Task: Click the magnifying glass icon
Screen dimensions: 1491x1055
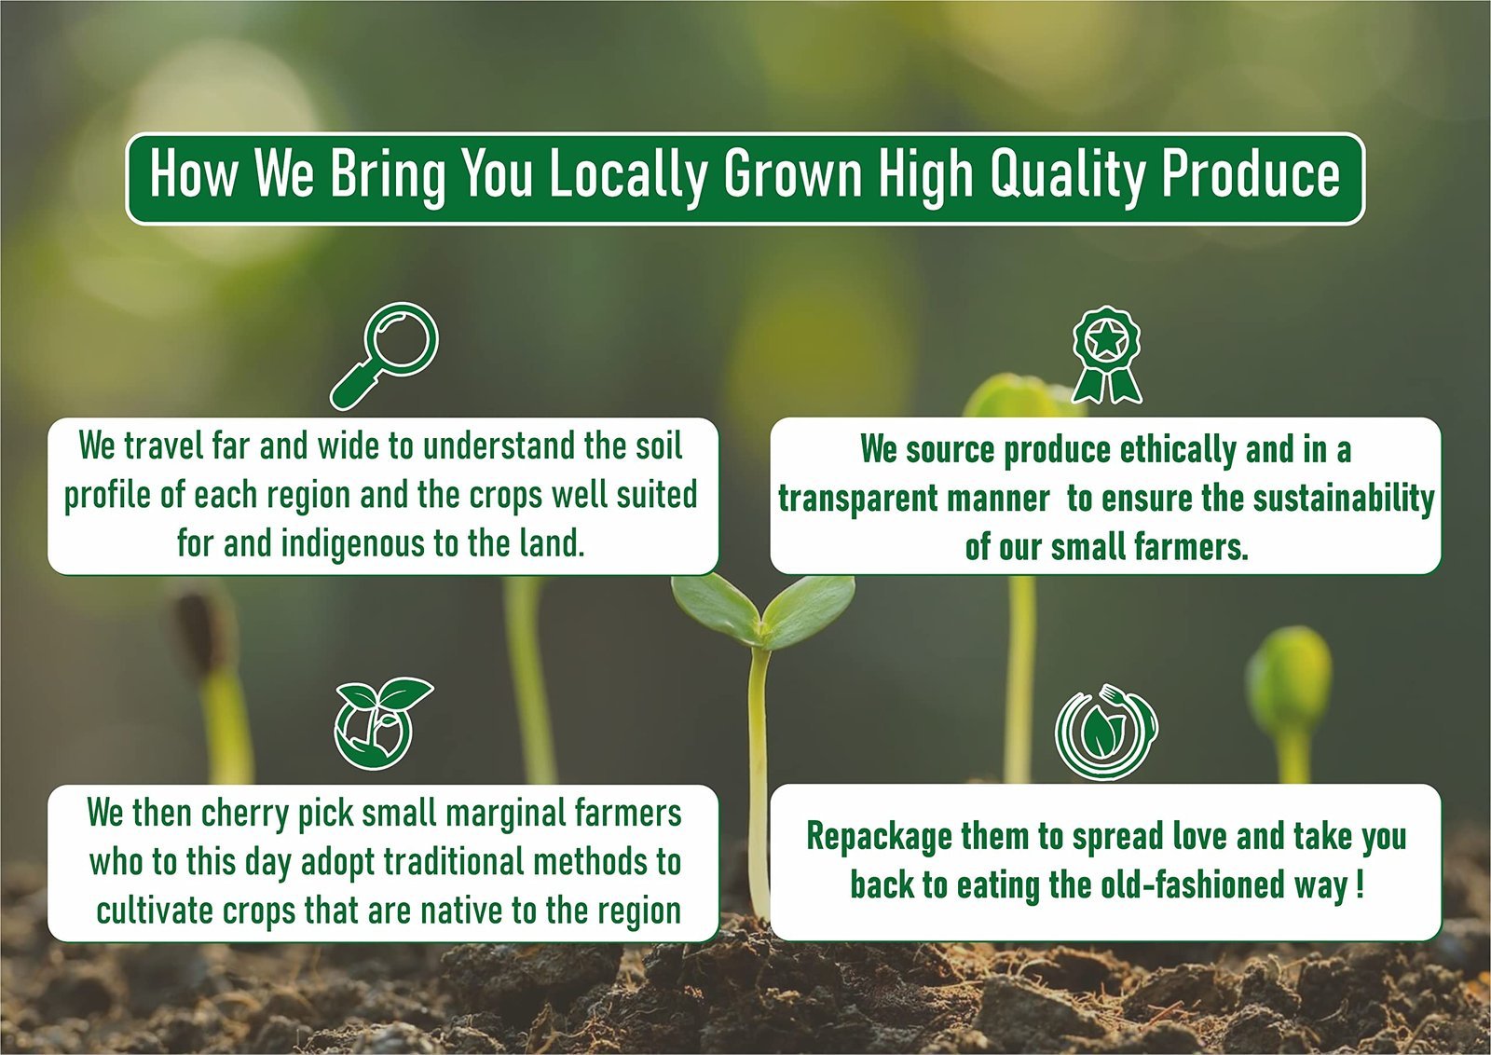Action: (x=384, y=355)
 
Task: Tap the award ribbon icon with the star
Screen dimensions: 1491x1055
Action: (x=1106, y=355)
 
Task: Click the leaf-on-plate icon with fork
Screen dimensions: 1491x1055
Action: (x=1106, y=733)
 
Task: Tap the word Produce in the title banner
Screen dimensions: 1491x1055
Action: (x=1252, y=173)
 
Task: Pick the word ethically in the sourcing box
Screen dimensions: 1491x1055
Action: (x=1178, y=451)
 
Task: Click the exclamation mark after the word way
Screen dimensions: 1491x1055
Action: (x=1360, y=884)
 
